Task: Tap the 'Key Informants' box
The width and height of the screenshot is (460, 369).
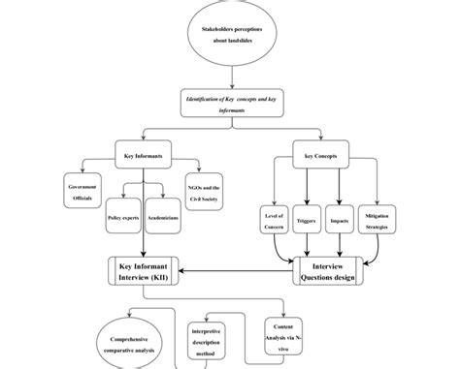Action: pos(144,155)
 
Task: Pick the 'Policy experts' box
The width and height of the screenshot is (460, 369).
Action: pos(125,218)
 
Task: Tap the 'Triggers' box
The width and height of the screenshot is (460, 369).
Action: pos(306,220)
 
